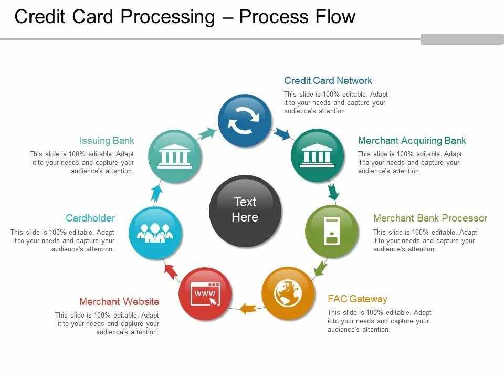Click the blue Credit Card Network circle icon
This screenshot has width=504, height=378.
(x=244, y=121)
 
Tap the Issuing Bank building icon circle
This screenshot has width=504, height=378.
(x=175, y=156)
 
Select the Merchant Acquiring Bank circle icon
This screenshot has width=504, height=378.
(x=317, y=156)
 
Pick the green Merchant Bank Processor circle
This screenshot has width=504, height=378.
(x=331, y=231)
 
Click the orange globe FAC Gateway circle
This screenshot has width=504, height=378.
(x=288, y=293)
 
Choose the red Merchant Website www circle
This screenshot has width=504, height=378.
(x=205, y=293)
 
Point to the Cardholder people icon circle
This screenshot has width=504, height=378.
(x=155, y=233)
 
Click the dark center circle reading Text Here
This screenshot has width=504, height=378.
(x=245, y=210)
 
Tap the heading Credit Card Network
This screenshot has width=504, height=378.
(x=328, y=81)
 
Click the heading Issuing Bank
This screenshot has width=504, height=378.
(x=107, y=141)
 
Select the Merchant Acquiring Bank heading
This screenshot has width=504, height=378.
(x=412, y=141)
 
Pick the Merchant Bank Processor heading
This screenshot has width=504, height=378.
(x=430, y=218)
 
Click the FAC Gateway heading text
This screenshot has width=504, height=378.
(x=357, y=299)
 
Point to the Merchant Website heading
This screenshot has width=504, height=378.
(x=119, y=302)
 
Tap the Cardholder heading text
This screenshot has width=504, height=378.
(x=90, y=218)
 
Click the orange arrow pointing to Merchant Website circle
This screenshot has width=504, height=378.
(x=248, y=308)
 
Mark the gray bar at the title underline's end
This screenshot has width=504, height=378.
(x=461, y=39)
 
